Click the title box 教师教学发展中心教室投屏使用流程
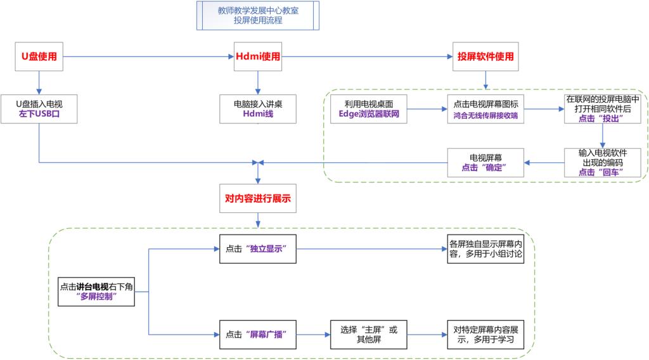coord(257,15)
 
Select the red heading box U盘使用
coord(39,56)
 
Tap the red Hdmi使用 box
coord(257,56)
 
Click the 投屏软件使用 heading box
coord(485,56)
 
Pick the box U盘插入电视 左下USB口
coord(39,108)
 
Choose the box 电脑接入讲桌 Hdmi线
coord(257,108)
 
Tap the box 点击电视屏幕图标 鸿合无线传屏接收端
coord(485,109)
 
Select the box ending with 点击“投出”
coord(602,108)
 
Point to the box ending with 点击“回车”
coord(602,162)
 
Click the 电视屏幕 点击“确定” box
coord(485,162)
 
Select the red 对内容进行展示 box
coord(257,198)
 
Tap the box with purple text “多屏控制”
coord(96,292)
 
